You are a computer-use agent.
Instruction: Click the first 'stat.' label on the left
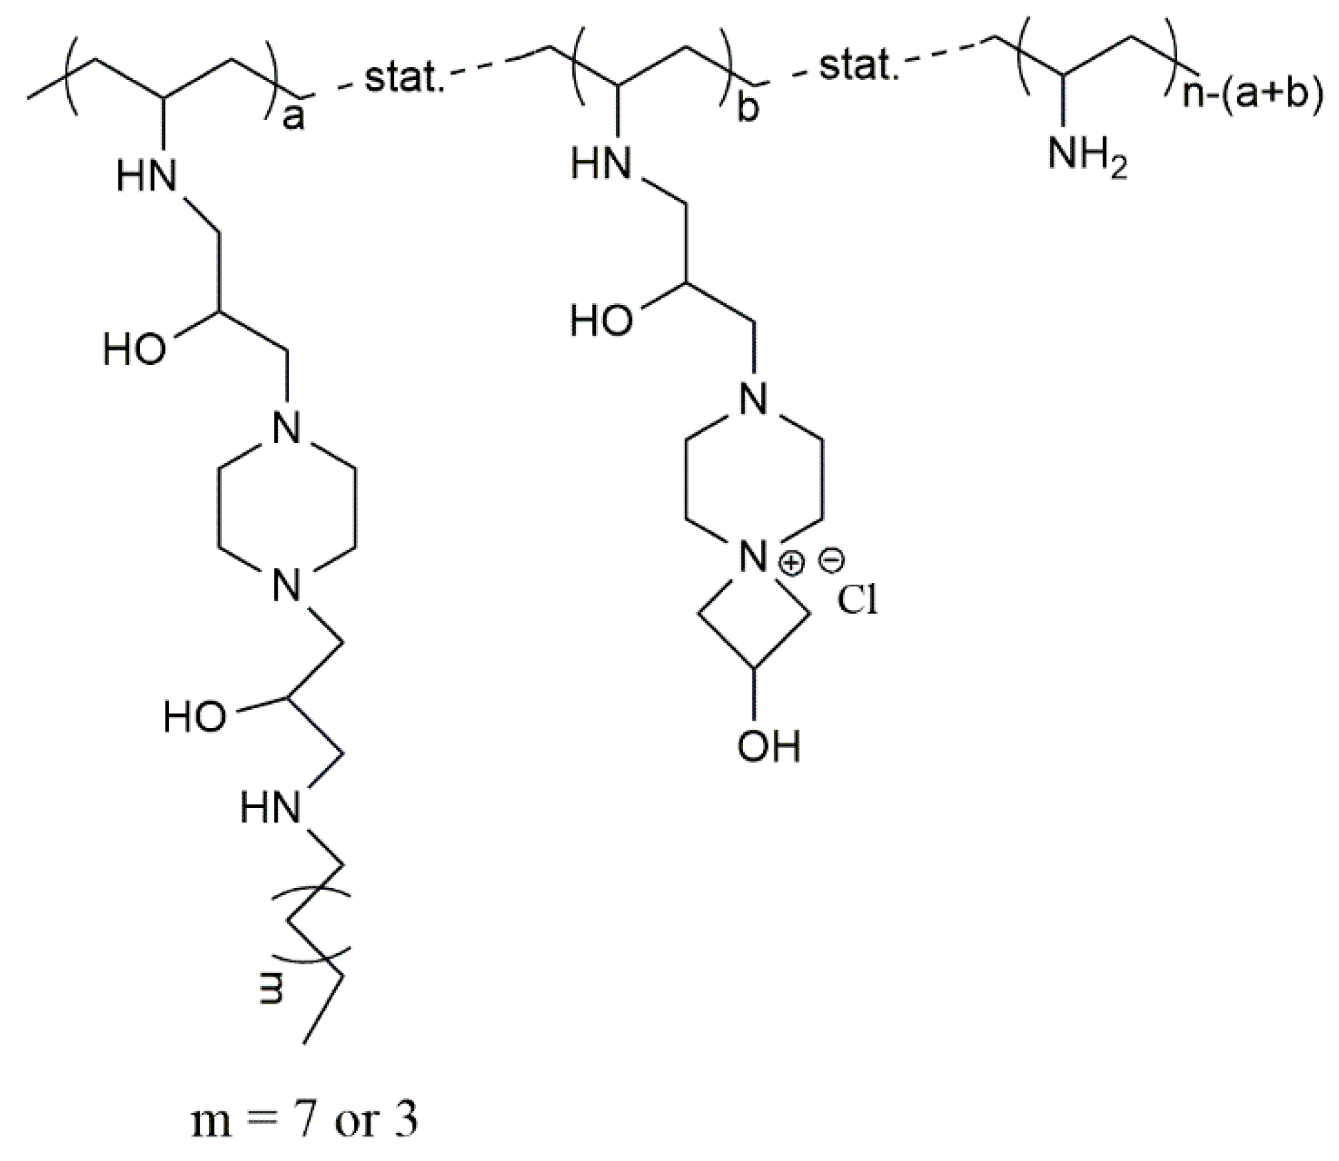pyautogui.click(x=403, y=79)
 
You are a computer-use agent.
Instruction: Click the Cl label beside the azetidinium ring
pyautogui.click(x=858, y=601)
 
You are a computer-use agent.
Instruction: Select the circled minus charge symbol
pyautogui.click(x=830, y=562)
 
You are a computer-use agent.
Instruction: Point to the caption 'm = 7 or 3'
pyautogui.click(x=304, y=1120)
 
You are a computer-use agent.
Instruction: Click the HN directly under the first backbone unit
pyautogui.click(x=146, y=177)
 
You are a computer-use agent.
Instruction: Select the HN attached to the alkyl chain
pyautogui.click(x=270, y=808)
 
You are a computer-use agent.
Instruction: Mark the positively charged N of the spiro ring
pyautogui.click(x=754, y=558)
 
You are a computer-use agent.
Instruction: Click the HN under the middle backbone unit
pyautogui.click(x=601, y=164)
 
